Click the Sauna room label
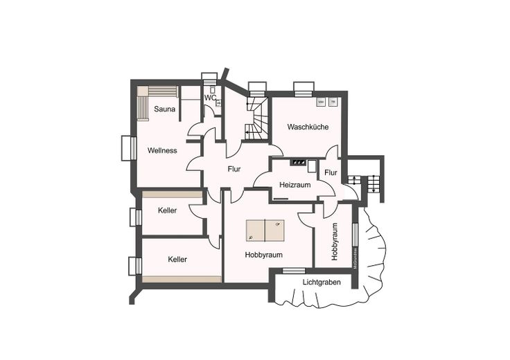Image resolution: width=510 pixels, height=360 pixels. click(x=165, y=109)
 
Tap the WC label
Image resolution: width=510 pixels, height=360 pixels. click(x=210, y=98)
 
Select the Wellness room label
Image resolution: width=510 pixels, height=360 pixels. click(x=162, y=150)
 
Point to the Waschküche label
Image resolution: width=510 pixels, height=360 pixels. click(x=304, y=127)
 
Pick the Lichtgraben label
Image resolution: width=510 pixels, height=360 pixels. click(x=322, y=282)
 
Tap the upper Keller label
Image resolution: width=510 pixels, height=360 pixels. click(x=167, y=210)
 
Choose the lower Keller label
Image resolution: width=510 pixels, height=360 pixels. click(x=177, y=260)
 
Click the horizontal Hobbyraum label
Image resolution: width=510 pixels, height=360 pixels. click(x=264, y=255)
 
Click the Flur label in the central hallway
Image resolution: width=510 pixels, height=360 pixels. click(x=234, y=169)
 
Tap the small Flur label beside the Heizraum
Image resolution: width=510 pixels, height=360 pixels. click(x=331, y=172)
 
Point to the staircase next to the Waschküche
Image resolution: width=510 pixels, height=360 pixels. click(x=258, y=118)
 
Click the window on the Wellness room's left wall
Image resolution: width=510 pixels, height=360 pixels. click(x=127, y=147)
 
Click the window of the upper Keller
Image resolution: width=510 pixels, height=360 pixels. click(x=136, y=217)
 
